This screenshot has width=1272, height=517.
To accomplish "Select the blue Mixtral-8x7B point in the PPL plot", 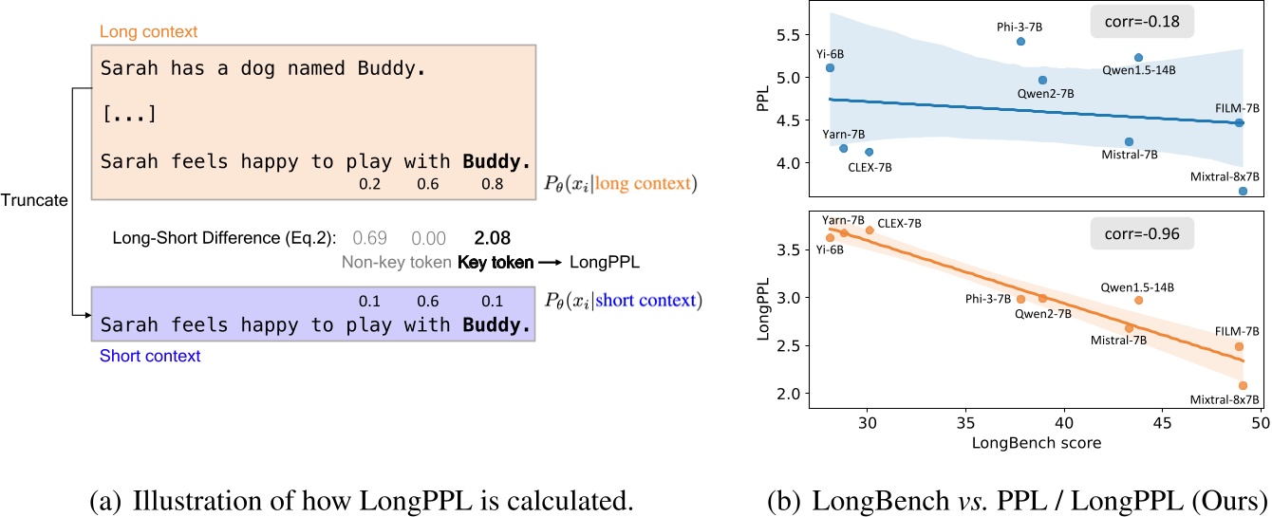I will click(1243, 191).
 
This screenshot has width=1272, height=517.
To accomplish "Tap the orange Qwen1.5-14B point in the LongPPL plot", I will click(1138, 300).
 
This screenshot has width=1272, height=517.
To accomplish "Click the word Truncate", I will click(33, 202).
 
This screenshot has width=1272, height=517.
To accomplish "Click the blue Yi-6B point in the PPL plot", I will click(830, 68).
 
